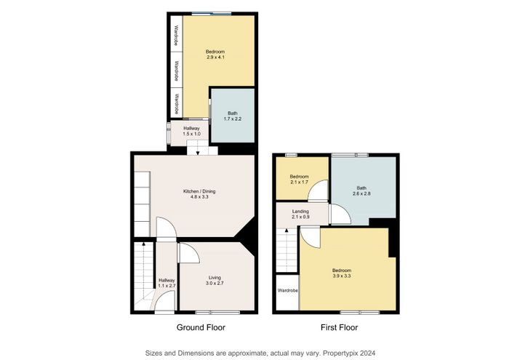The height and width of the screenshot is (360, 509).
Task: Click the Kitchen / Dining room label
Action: tap(199, 191)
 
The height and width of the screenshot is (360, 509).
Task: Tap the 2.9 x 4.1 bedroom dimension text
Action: tap(215, 57)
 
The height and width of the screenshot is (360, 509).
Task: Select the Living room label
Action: tap(215, 278)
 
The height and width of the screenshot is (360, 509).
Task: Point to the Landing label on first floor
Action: tap(300, 212)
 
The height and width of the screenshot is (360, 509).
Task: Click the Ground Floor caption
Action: tap(201, 327)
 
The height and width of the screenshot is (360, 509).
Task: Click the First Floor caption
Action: tap(340, 327)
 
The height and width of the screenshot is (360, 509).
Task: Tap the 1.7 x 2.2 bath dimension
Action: tap(233, 119)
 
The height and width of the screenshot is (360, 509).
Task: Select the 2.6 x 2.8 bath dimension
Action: tap(361, 193)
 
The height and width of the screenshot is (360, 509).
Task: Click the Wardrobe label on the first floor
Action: tap(288, 290)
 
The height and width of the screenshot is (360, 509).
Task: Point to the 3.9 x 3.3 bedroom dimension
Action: tap(342, 276)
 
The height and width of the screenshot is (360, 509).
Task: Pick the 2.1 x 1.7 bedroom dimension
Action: tap(299, 182)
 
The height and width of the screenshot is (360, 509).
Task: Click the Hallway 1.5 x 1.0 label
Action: tap(191, 131)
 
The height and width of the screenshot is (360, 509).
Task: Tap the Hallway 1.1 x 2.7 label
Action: tap(167, 283)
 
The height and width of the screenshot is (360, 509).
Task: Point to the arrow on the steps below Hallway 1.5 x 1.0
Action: tap(198, 153)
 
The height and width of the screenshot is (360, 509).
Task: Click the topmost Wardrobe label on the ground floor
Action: tap(176, 36)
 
